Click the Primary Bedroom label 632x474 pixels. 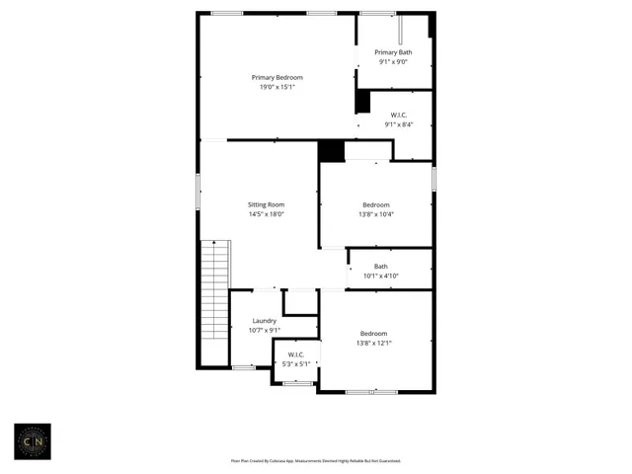click(276, 77)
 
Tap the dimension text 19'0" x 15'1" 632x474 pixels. click(276, 87)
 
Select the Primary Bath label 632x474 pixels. click(393, 52)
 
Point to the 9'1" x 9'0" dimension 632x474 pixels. click(393, 62)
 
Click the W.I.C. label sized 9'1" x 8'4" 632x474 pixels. click(399, 115)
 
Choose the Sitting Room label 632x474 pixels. click(266, 204)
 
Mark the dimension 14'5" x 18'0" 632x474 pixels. click(266, 214)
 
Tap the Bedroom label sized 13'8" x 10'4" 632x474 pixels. click(375, 204)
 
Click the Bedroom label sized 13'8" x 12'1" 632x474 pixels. click(373, 333)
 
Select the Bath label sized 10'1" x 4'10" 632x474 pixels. click(380, 266)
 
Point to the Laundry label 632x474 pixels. click(264, 320)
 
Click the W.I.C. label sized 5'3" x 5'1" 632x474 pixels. click(296, 354)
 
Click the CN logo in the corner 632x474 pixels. click(32, 441)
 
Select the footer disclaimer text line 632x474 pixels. click(315, 460)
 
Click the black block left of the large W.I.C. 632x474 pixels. click(362, 101)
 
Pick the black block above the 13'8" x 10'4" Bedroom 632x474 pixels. click(331, 150)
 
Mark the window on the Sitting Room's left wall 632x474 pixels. click(198, 191)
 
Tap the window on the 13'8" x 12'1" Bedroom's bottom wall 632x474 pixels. click(372, 392)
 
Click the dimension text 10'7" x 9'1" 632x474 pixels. click(264, 330)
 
